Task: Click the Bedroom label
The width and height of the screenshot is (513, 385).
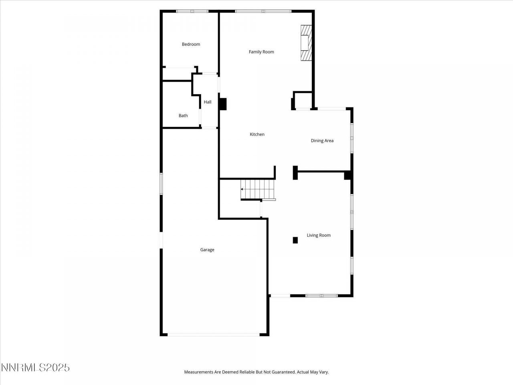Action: (x=191, y=44)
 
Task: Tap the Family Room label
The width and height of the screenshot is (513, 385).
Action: (x=261, y=52)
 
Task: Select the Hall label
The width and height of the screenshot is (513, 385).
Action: (x=208, y=102)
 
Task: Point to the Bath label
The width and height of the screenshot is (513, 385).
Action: (x=183, y=115)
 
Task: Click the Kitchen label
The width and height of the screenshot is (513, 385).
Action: (x=257, y=134)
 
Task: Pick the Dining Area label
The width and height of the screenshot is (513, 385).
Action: (x=322, y=141)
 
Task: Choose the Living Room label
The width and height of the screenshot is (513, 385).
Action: (x=319, y=235)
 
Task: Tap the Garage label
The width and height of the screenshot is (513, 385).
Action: (x=207, y=250)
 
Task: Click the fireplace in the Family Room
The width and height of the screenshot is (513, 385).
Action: (x=306, y=43)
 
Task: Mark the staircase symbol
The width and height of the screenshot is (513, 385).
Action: (x=256, y=189)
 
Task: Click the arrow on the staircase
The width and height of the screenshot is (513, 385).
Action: (x=242, y=189)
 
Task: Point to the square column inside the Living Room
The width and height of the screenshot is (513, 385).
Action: (x=295, y=240)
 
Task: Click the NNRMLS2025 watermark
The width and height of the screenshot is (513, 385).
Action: (x=35, y=367)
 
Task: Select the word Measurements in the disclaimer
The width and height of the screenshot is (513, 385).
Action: (x=198, y=372)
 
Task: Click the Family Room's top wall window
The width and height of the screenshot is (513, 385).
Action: (x=263, y=11)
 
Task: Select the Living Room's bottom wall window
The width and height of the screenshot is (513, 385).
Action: (x=321, y=296)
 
